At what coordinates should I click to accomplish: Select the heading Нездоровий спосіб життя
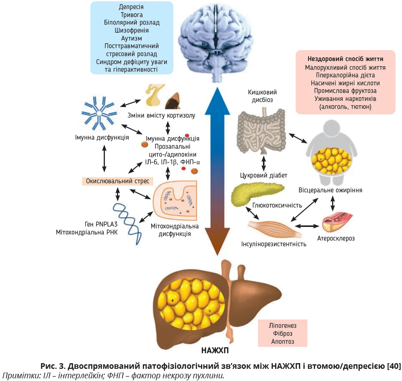click(x=345, y=59)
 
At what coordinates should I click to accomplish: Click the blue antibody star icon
click(x=99, y=113)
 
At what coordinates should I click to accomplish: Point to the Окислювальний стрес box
click(x=117, y=181)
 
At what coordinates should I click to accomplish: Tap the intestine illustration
click(x=261, y=131)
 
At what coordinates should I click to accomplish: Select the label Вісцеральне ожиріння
click(x=330, y=190)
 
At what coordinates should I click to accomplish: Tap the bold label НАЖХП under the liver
click(x=215, y=350)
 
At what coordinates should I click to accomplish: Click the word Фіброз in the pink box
click(x=282, y=334)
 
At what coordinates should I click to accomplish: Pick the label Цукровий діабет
click(x=264, y=175)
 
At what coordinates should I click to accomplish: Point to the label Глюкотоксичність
click(x=277, y=205)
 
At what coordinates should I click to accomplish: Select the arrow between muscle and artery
click(x=307, y=226)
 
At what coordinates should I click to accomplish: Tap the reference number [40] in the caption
click(x=394, y=366)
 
